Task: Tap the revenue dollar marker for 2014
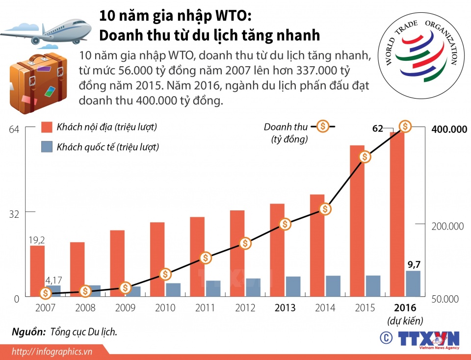pos(324,209)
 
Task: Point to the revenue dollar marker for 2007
pos(46,293)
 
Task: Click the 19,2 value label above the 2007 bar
pos(37,240)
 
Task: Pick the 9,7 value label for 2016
pos(413,265)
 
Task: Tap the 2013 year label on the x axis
pos(285,308)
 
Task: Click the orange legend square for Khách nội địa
pos(47,127)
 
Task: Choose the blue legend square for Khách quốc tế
pos(47,147)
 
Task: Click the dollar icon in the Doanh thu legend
pos(323,127)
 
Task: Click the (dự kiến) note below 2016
pos(405,321)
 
